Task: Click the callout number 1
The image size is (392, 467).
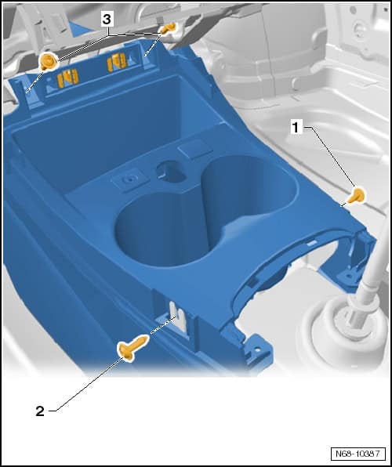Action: tap(296, 128)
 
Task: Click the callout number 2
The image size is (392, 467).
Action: tap(40, 411)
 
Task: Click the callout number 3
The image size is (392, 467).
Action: tap(107, 20)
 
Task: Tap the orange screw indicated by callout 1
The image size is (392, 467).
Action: tap(357, 196)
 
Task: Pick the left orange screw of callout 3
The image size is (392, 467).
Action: tap(47, 61)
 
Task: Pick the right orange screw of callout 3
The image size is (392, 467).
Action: tap(167, 28)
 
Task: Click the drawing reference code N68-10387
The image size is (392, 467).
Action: tap(358, 454)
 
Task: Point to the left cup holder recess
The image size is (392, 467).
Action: tap(161, 230)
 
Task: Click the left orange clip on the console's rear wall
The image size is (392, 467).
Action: tap(68, 78)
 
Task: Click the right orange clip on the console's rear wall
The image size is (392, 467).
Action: tap(117, 63)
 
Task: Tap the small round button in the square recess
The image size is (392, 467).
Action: tap(130, 179)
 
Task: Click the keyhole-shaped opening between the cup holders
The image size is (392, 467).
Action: tap(170, 171)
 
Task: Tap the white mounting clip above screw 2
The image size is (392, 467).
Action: tap(179, 317)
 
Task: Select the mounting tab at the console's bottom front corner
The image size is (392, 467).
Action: tap(256, 352)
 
